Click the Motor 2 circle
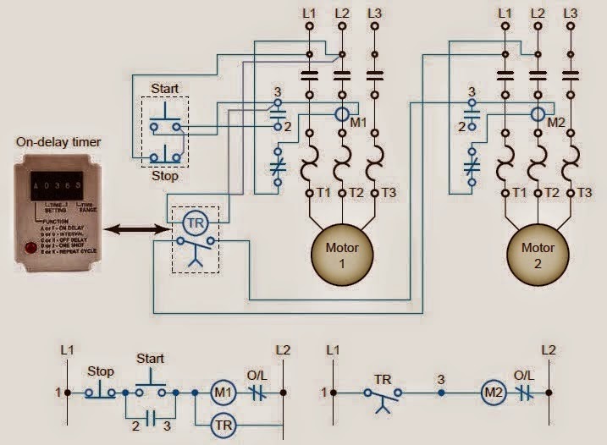pos(538,255)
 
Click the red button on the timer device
pos(32,248)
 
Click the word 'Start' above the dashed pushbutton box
pos(164,89)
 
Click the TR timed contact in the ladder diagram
pos(383,394)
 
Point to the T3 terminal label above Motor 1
pos(389,193)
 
